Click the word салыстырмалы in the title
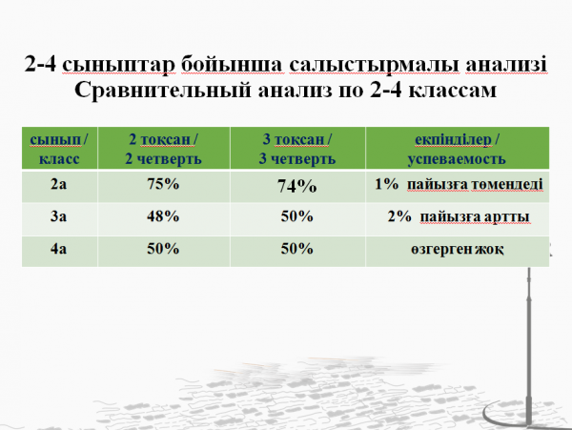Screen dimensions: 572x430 coord(374,65)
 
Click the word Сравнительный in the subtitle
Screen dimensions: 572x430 coord(163,90)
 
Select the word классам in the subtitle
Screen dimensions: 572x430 coord(452,91)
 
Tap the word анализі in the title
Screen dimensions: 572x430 coord(506,64)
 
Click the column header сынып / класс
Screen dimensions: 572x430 coord(59,149)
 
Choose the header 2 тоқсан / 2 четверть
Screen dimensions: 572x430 coord(163,149)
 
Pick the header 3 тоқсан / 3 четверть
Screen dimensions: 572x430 coord(296,149)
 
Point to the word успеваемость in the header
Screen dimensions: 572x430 coord(457,159)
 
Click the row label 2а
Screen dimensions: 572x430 coord(58,184)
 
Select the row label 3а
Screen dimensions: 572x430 coord(58,216)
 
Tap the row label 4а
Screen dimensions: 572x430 coord(58,249)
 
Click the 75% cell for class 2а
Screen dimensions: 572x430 coord(163,184)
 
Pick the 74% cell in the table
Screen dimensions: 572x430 coord(296,186)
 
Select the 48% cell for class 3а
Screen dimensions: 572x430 coord(163,216)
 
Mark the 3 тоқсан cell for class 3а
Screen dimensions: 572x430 coord(296,216)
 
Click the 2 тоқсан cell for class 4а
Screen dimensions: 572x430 coord(163,249)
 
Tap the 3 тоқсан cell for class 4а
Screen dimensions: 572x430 coord(296,249)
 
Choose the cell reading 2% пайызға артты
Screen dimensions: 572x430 coord(459,216)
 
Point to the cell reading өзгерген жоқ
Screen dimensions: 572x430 coord(458,250)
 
